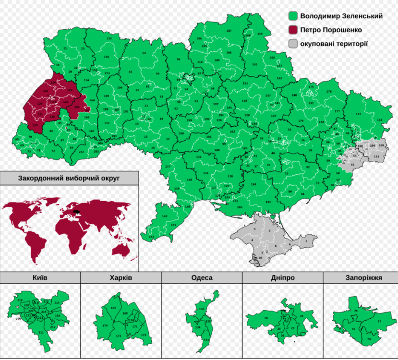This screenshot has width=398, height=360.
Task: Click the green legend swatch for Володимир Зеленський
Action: tap(292, 16)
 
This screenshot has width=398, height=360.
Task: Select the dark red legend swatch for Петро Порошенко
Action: tap(292, 30)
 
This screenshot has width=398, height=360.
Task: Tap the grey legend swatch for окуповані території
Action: tap(292, 44)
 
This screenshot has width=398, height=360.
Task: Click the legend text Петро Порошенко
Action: tap(331, 30)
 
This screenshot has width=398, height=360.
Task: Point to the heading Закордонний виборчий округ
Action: tap(69, 178)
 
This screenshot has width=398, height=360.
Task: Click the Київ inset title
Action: tap(40, 277)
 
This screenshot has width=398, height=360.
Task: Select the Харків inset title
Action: tap(121, 277)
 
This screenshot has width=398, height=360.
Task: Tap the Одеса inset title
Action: tap(202, 277)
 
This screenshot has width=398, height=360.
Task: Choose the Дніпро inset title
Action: tap(283, 277)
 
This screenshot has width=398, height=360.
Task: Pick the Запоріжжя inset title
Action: tap(361, 277)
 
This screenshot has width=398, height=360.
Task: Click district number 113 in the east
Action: tap(358, 114)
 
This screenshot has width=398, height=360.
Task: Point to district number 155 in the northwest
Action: tap(109, 38)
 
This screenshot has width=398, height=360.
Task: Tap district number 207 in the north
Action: tap(229, 31)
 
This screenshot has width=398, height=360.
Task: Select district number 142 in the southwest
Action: tap(165, 216)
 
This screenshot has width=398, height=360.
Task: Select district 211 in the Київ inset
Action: tap(41, 332)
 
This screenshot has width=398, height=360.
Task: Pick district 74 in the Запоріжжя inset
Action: tap(369, 339)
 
